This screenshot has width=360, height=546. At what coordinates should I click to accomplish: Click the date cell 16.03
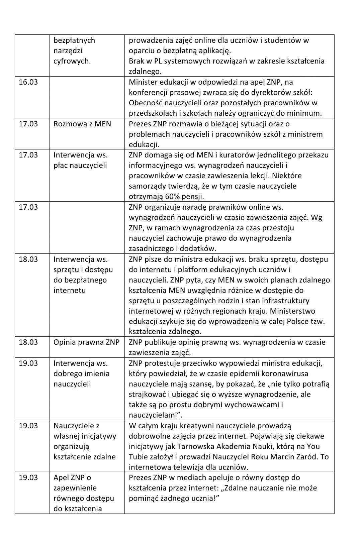(28, 82)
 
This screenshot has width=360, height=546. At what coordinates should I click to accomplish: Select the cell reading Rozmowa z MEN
(82, 124)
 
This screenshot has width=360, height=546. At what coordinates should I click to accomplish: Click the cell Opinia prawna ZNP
(86, 342)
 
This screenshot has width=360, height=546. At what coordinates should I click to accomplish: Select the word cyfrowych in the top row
(72, 61)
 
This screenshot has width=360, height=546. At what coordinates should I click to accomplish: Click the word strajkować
(148, 394)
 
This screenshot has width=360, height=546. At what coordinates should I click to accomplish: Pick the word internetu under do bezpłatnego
(70, 290)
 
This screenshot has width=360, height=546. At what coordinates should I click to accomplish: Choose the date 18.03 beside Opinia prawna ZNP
(28, 342)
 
